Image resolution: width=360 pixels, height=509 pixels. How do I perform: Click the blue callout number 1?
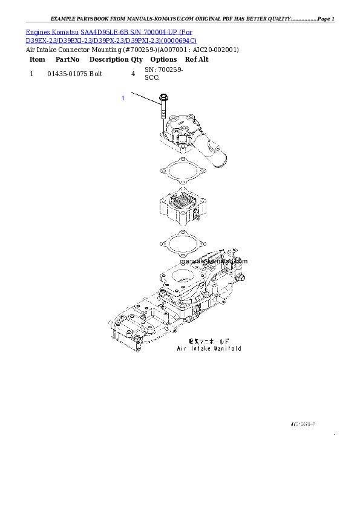(x=123, y=98)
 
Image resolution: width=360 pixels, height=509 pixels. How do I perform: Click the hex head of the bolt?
(x=163, y=98)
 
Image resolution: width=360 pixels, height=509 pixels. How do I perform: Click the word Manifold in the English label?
(x=227, y=348)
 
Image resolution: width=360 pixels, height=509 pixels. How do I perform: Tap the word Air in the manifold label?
(x=181, y=348)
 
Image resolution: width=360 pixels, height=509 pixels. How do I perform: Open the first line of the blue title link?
(x=110, y=31)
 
